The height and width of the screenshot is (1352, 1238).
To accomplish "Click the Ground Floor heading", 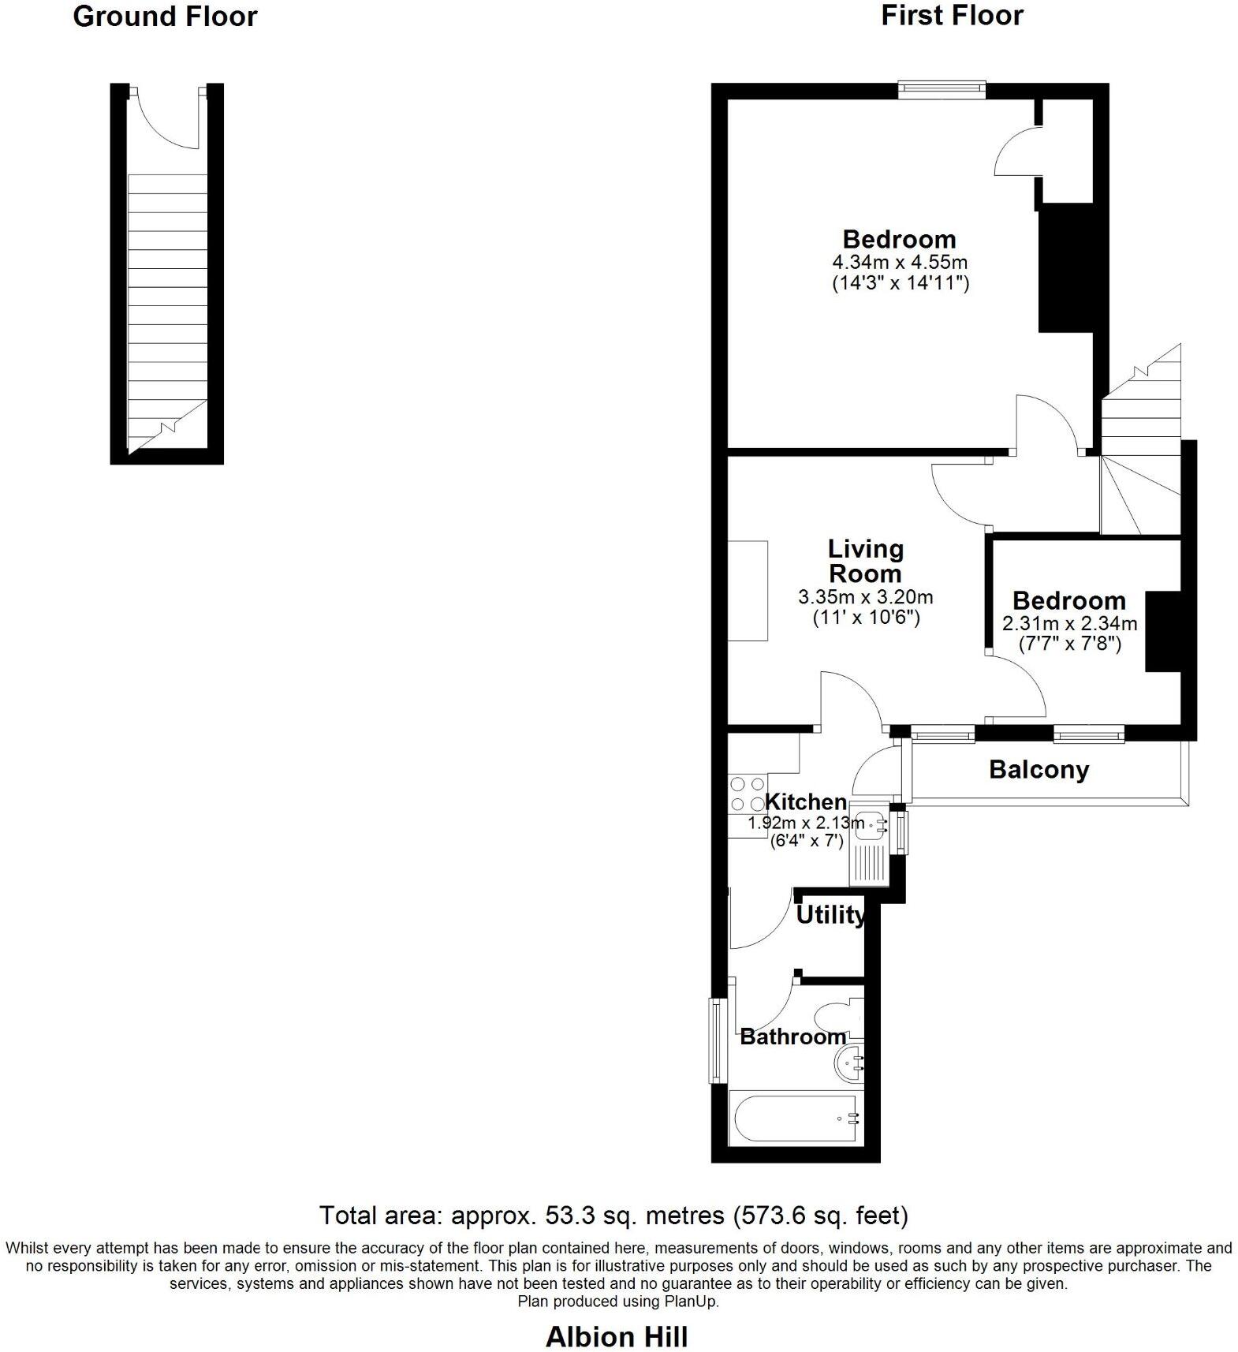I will pyautogui.click(x=165, y=17).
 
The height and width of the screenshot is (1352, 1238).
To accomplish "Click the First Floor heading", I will pyautogui.click(x=952, y=16).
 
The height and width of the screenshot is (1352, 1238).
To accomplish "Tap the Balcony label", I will pyautogui.click(x=1039, y=770).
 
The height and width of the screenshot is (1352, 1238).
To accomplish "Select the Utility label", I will pyautogui.click(x=830, y=915).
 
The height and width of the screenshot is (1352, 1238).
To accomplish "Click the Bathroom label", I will pyautogui.click(x=792, y=1036).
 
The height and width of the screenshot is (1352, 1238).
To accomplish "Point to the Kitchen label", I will pyautogui.click(x=806, y=802).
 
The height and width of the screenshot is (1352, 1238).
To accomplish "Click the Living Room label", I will pyautogui.click(x=866, y=561).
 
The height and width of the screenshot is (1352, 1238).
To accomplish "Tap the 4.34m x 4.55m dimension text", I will pyautogui.click(x=900, y=262).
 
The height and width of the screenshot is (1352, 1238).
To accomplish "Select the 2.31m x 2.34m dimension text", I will pyautogui.click(x=1069, y=624).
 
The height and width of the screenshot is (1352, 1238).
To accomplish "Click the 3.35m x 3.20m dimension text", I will pyautogui.click(x=866, y=597).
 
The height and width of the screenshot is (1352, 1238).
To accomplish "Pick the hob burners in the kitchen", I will pyautogui.click(x=746, y=794).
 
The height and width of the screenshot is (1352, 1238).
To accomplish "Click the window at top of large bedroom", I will pyautogui.click(x=942, y=89).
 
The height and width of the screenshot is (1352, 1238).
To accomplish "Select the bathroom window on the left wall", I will pyautogui.click(x=717, y=1040).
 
